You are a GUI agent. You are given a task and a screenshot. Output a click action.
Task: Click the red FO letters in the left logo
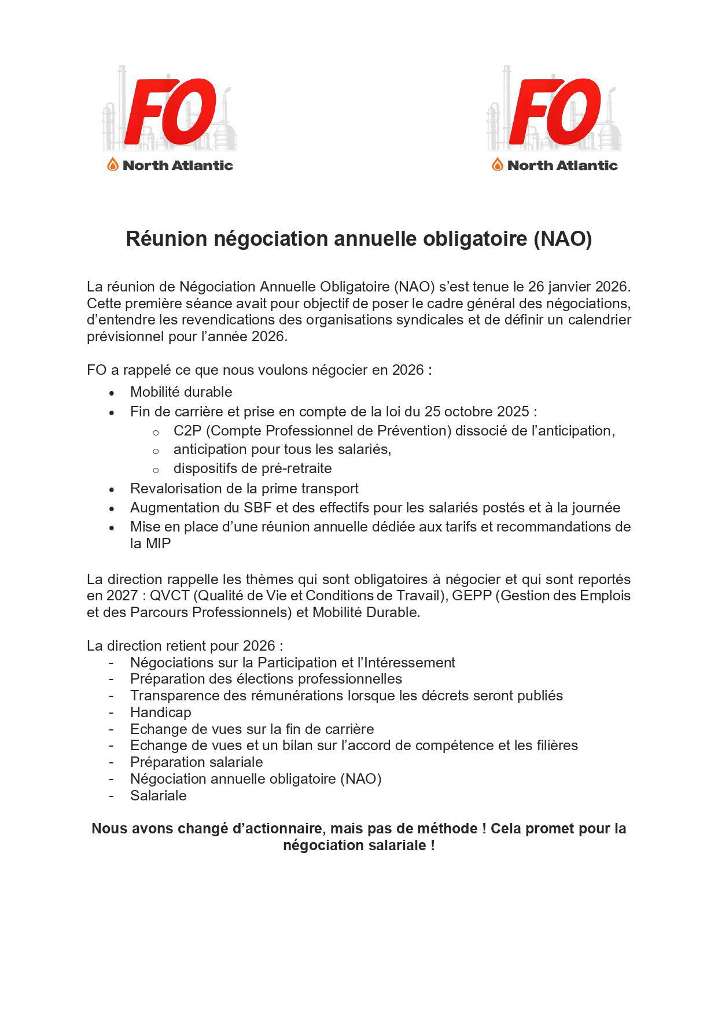coord(170,112)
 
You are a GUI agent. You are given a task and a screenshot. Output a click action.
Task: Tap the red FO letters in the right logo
coord(555,112)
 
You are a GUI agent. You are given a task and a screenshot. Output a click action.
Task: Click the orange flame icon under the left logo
coord(113,165)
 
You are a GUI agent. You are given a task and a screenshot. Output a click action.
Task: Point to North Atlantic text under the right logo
coord(562,165)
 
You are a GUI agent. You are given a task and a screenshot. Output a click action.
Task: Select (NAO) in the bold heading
coord(562,239)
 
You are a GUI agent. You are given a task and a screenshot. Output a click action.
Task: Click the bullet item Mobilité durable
coord(181,392)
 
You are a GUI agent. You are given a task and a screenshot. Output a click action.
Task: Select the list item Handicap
coord(160,713)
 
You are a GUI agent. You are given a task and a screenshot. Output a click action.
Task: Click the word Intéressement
coord(408,663)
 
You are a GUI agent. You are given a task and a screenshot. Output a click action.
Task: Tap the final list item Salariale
coord(158,796)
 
